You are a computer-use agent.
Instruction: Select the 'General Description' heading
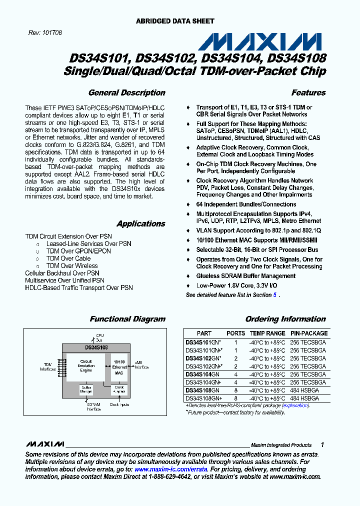pyautogui.click(x=126, y=92)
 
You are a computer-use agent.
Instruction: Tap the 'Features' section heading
pyautogui.click(x=308, y=92)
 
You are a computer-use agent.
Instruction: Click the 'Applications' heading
pyautogui.click(x=140, y=223)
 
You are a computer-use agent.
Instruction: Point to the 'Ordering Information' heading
pyautogui.click(x=285, y=319)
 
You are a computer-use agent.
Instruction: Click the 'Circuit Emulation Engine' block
pyautogui.click(x=86, y=366)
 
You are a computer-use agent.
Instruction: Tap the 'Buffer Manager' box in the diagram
pyautogui.click(x=86, y=389)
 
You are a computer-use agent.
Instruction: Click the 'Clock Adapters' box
pyautogui.click(x=119, y=389)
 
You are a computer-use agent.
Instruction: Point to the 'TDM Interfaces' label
pyautogui.click(x=47, y=366)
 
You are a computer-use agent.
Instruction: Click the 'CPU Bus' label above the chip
pyautogui.click(x=99, y=337)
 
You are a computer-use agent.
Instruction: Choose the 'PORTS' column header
pyautogui.click(x=236, y=333)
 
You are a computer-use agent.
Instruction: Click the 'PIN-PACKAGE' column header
pyautogui.click(x=309, y=333)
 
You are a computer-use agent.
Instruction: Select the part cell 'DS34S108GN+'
pyautogui.click(x=204, y=398)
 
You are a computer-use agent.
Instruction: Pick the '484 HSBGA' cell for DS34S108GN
pyautogui.click(x=304, y=390)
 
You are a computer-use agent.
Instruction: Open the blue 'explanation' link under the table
pyautogui.click(x=296, y=405)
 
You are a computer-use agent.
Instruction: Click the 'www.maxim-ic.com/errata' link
pyautogui.click(x=170, y=469)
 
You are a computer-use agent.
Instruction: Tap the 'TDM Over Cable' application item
pyautogui.click(x=68, y=258)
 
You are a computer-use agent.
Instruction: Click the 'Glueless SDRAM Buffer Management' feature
pyautogui.click(x=246, y=276)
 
